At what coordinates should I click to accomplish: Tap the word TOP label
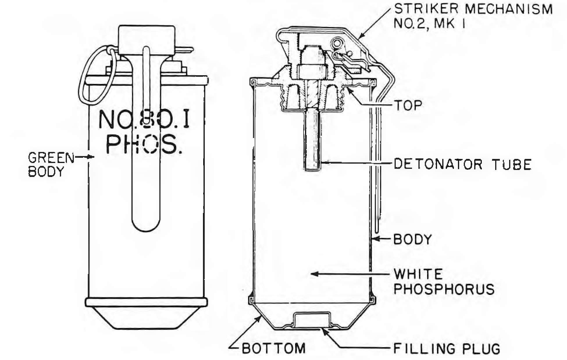408,106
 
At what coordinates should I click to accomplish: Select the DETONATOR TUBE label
463,164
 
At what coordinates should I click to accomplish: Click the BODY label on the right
412,239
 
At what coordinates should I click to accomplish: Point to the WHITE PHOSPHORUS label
444,282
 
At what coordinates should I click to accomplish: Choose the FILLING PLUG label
447,348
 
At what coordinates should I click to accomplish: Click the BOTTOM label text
274,348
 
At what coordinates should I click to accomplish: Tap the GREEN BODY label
51,164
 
